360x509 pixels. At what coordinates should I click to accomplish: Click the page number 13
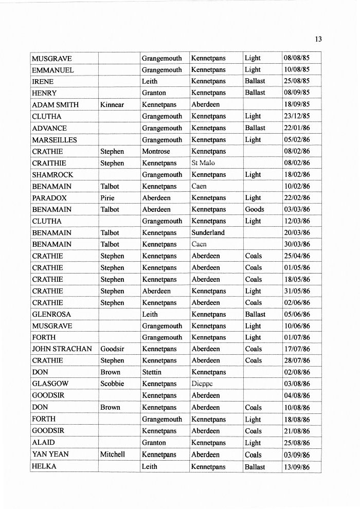[318, 39]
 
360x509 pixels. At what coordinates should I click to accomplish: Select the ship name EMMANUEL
[53, 70]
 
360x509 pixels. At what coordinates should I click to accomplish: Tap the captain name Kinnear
[112, 105]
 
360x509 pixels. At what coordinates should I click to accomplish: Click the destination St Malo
[203, 163]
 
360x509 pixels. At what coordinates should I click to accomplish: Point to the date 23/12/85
[297, 117]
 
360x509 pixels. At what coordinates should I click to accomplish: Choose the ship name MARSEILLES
[54, 140]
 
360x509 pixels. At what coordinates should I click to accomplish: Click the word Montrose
[156, 152]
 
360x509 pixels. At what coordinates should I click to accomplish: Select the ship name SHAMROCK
[52, 175]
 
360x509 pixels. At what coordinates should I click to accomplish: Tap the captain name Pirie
[107, 198]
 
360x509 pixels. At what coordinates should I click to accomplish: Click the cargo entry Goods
[255, 210]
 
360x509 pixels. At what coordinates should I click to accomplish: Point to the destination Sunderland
[208, 233]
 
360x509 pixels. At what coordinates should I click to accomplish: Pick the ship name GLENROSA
[51, 314]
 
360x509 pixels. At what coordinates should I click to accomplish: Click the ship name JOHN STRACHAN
[62, 349]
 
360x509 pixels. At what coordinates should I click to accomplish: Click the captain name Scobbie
[113, 384]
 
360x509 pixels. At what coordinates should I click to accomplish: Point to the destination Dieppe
[202, 384]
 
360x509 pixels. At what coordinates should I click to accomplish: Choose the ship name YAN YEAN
[50, 455]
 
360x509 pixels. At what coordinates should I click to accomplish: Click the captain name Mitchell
[113, 455]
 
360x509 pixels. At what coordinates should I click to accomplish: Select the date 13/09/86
[297, 467]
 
